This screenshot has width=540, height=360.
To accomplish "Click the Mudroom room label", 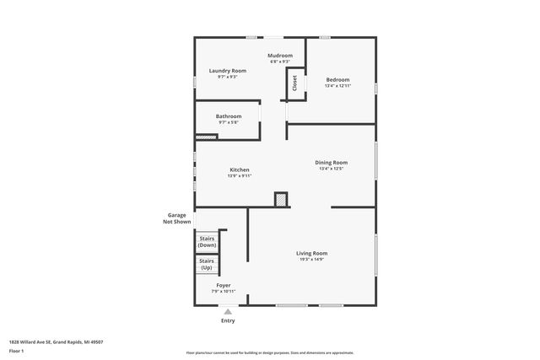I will click(280, 56).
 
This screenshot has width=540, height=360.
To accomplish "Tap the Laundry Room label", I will click(228, 71).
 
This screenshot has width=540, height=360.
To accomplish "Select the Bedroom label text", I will click(337, 79).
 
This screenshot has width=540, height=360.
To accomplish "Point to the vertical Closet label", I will click(295, 83).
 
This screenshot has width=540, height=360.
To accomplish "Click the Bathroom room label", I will click(229, 116).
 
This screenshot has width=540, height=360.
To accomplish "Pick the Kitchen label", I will click(240, 169).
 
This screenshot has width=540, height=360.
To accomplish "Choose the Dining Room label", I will click(332, 163).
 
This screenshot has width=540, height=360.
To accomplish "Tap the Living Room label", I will click(311, 253).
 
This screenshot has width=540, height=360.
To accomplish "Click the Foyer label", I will click(224, 286).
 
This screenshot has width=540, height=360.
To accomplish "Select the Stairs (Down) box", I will click(207, 241).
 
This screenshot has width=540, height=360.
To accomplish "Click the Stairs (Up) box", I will click(207, 265).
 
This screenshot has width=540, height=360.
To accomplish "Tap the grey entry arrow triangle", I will click(227, 311).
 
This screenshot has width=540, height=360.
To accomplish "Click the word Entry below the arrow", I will click(228, 321).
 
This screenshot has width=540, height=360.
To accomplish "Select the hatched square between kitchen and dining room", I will click(281, 199).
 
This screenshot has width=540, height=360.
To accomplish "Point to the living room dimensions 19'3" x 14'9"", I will click(311, 260).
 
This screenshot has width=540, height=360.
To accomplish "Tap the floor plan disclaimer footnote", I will click(270, 353).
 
